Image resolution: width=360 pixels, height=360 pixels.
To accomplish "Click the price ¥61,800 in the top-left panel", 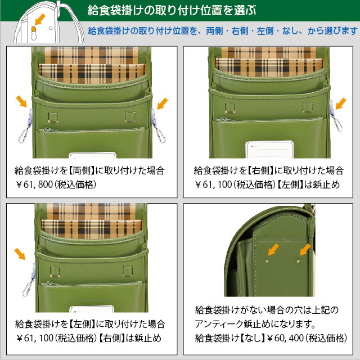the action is click(x=34, y=184).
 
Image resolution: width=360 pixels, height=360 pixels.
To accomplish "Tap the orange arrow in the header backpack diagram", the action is click(x=40, y=20).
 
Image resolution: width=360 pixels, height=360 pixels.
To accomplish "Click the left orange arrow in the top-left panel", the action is click(x=21, y=101).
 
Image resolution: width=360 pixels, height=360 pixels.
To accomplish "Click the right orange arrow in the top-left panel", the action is click(x=163, y=103).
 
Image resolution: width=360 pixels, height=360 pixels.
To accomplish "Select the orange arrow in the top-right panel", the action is click(x=341, y=103).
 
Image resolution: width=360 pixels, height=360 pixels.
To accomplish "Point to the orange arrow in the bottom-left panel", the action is click(x=20, y=254).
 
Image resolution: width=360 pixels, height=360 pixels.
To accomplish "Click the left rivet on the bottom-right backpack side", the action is click(x=267, y=261).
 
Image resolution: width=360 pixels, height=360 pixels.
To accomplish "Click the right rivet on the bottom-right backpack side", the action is click(x=298, y=261).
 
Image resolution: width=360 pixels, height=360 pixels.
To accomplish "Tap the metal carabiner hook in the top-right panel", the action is click(x=338, y=124).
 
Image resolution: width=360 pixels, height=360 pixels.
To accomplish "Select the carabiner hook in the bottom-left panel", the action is click(x=26, y=289).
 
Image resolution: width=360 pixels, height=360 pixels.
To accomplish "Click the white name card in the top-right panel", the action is click(x=269, y=150).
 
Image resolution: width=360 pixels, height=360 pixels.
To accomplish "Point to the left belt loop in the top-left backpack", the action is click(x=53, y=117).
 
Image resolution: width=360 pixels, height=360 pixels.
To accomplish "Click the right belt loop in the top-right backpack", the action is click(x=308, y=107).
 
